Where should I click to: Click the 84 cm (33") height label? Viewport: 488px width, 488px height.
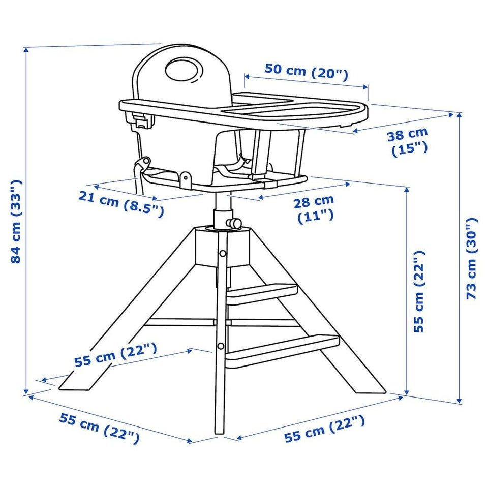point(16,221)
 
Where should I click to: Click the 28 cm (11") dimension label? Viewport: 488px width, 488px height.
point(314,209)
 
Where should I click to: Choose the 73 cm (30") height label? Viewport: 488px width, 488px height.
point(472,259)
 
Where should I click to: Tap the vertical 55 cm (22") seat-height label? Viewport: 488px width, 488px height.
point(419,291)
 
